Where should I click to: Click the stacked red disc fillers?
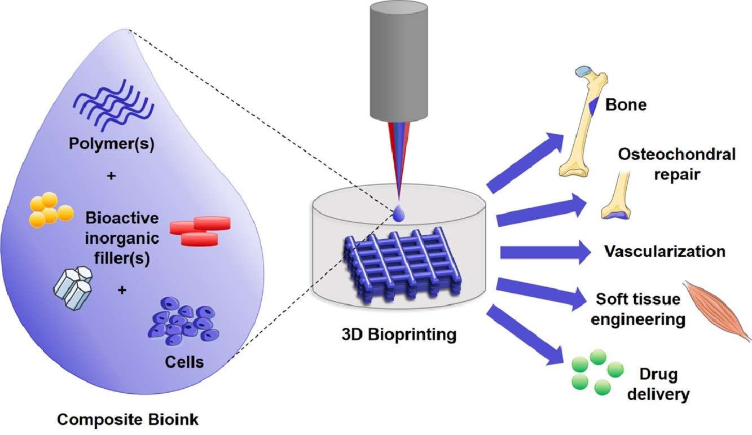(x=200, y=231)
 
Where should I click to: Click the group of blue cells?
(x=184, y=325)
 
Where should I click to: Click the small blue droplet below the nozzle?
(x=399, y=213)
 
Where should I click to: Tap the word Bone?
(x=626, y=105)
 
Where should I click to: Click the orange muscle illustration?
(x=718, y=311)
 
